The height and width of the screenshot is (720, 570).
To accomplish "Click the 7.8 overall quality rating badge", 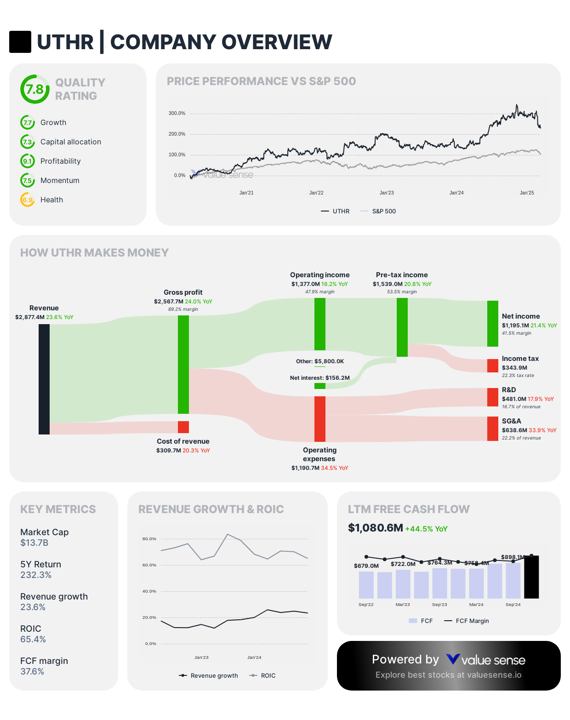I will click(35, 89).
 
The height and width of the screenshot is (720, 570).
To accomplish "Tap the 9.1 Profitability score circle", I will click(28, 161).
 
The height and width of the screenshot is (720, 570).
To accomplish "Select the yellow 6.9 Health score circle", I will click(28, 200).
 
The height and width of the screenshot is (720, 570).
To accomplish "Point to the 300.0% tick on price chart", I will click(177, 113).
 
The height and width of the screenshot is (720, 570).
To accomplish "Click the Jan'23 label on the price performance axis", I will click(387, 193).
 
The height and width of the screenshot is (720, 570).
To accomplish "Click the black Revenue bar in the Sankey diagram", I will click(44, 379).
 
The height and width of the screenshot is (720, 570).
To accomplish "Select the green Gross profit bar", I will click(183, 364).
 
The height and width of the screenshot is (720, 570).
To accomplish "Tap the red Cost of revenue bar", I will click(183, 427).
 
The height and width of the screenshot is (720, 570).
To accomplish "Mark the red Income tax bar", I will click(493, 366).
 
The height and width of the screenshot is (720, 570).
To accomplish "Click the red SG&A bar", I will click(493, 429).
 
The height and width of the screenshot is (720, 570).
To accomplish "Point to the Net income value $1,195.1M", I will click(515, 325).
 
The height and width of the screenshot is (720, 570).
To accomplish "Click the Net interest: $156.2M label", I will click(319, 378).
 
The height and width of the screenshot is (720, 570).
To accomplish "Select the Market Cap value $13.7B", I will click(34, 543).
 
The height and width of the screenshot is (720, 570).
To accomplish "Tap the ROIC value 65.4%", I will click(33, 640).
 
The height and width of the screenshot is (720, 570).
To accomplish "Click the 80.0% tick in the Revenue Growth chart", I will click(149, 539).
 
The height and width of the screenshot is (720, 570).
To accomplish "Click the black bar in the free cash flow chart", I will click(531, 577).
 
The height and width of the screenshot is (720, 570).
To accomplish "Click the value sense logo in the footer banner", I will click(486, 660).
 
